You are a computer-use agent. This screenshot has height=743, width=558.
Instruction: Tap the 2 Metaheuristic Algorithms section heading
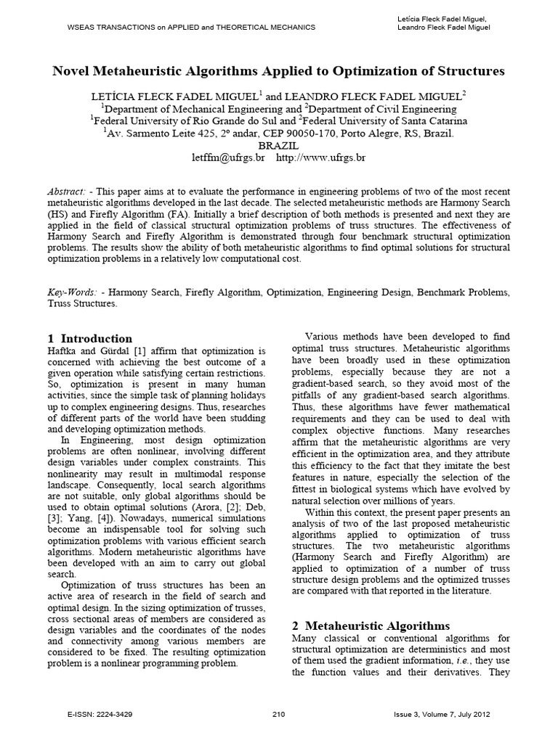coord(371,625)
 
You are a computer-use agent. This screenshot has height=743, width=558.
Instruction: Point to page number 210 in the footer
coord(278,715)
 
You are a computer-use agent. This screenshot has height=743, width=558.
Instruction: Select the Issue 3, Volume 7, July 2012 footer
coord(440,715)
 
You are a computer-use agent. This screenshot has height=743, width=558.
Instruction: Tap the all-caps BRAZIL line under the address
coord(279,145)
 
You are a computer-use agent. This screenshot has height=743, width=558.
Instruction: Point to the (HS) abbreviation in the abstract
coord(57,215)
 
